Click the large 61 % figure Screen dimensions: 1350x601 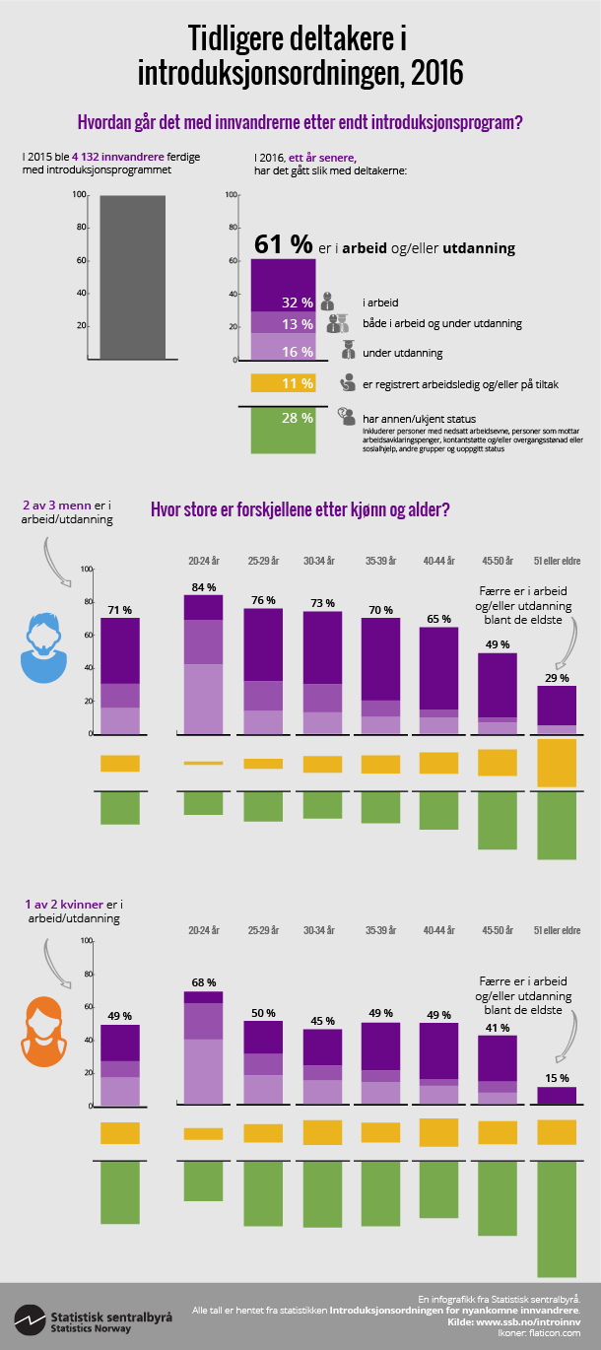point(283,244)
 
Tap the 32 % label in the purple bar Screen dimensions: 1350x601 point(297,303)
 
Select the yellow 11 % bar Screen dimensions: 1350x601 point(283,383)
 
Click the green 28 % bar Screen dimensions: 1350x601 point(283,431)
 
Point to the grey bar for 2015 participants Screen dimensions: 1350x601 point(132,277)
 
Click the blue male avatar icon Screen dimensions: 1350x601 point(45,649)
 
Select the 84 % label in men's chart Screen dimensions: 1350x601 point(203,587)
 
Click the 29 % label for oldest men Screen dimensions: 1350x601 point(557,678)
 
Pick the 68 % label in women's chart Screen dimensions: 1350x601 point(203,982)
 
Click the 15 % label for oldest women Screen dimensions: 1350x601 point(557,1078)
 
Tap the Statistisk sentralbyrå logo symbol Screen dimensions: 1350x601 point(30,1319)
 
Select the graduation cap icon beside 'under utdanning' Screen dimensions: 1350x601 point(348,349)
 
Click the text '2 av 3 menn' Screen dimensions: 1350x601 point(56,506)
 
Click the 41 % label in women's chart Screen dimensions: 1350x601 point(498,1027)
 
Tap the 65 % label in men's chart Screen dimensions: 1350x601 point(438,619)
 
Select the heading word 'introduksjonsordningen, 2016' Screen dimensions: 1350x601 point(300,72)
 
